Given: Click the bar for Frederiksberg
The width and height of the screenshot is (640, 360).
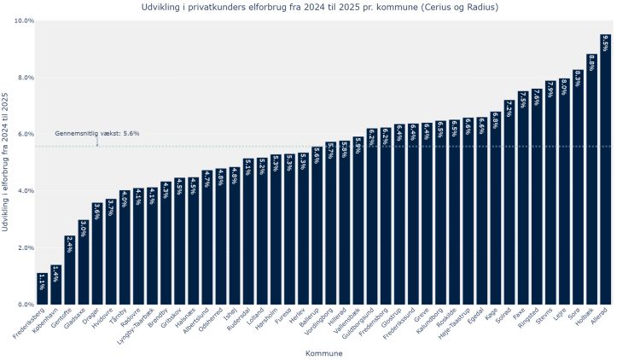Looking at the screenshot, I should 42,289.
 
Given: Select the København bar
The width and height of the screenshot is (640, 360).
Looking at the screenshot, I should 55,285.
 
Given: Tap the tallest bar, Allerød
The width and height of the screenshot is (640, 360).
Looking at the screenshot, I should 605,171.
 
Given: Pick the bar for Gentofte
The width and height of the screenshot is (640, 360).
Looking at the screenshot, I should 70,270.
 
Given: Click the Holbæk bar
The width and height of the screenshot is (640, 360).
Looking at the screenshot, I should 591,180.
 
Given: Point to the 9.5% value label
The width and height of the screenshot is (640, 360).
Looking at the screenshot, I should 605,44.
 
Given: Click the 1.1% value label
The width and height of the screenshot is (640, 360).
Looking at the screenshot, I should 42,282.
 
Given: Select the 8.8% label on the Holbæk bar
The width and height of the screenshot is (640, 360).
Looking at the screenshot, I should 591,64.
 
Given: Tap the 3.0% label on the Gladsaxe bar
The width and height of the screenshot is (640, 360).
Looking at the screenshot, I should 84,229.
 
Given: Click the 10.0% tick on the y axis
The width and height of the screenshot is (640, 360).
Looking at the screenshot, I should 25,20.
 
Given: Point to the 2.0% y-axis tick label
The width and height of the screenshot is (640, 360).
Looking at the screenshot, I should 25,248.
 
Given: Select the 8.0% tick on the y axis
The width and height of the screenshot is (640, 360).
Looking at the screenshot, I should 25,78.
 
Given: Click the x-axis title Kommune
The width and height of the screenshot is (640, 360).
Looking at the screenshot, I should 323,352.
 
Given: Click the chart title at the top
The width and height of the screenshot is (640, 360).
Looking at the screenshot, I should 320,7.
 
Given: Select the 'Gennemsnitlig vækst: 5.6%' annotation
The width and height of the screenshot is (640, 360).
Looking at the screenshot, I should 97,133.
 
